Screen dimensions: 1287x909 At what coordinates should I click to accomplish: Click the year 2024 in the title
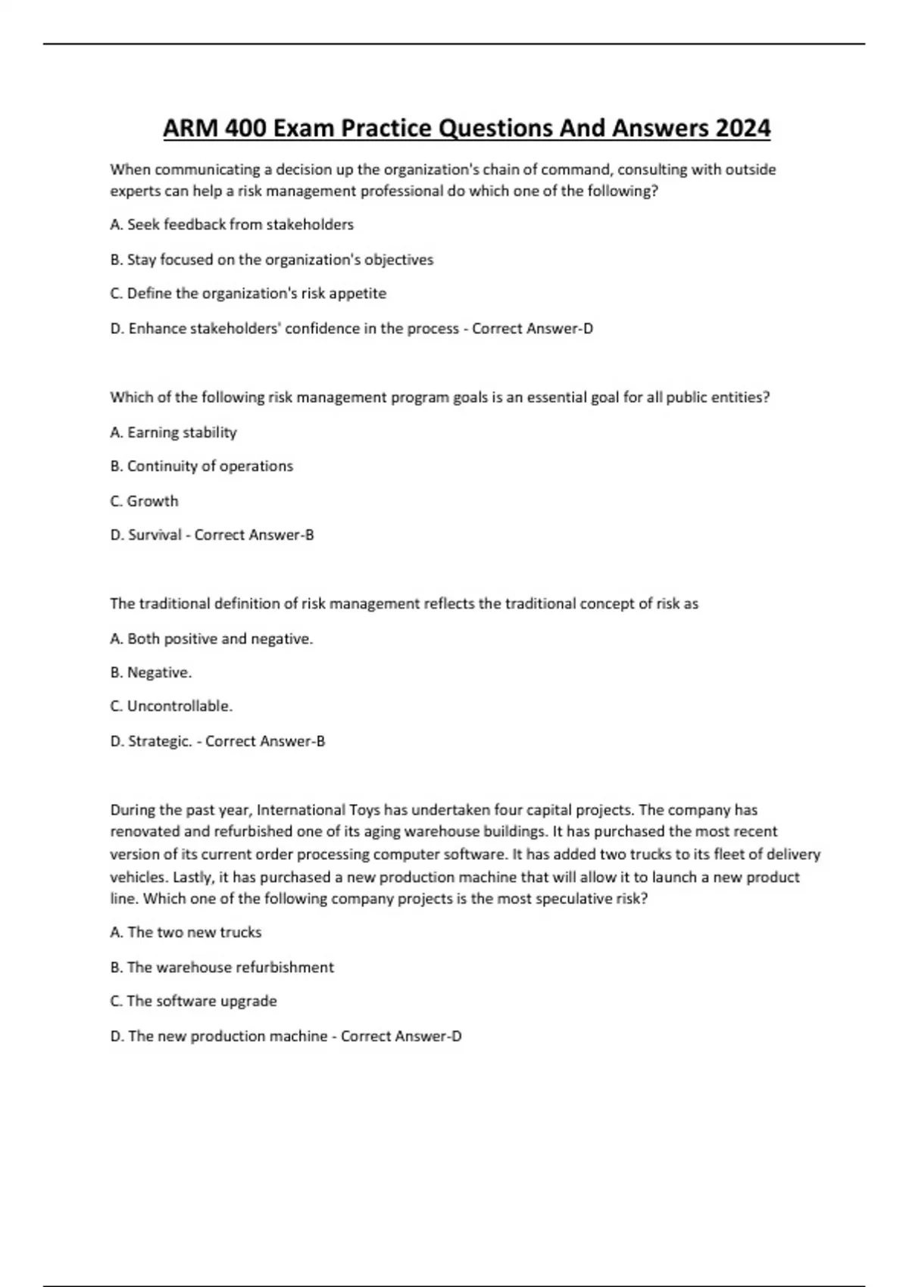742,129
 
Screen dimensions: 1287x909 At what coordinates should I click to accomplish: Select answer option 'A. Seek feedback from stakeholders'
232,225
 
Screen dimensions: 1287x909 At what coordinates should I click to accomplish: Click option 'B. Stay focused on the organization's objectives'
271,260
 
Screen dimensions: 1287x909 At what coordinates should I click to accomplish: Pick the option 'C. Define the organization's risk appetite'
248,294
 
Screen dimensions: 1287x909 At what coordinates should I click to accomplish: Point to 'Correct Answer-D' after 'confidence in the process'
533,329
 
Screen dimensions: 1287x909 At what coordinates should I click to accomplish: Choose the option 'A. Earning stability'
173,432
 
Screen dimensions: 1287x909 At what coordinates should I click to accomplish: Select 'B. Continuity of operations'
201,466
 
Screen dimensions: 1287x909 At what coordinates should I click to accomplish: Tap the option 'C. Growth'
144,501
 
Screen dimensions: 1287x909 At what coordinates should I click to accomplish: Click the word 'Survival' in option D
155,535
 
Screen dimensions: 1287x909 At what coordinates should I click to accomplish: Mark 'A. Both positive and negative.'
211,639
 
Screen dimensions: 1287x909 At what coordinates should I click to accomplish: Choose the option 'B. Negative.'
151,672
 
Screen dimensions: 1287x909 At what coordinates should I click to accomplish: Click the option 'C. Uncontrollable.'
171,706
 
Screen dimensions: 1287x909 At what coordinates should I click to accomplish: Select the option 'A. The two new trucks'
186,933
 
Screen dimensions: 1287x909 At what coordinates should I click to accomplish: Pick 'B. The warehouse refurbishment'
222,968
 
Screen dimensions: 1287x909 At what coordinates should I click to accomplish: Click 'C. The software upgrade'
193,1002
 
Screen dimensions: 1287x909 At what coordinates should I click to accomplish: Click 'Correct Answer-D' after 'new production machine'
401,1036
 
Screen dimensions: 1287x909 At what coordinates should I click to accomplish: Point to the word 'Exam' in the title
304,129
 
